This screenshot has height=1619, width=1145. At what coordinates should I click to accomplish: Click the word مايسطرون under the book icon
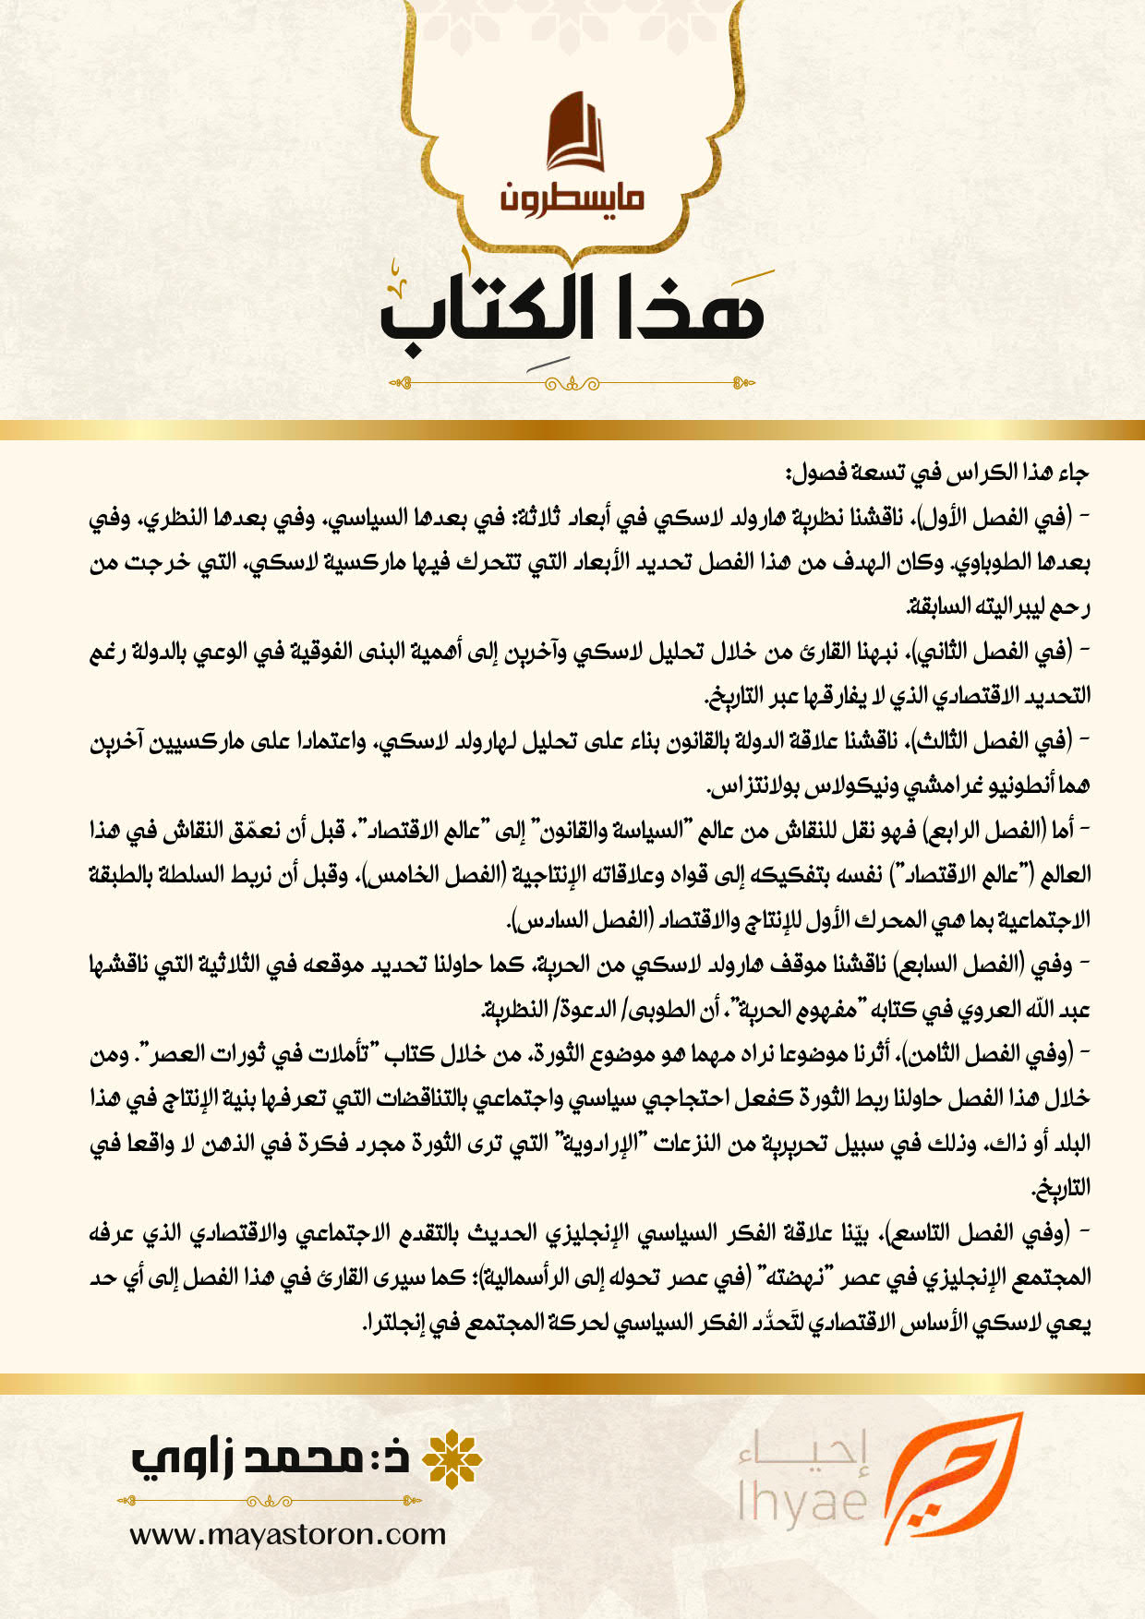tap(572, 196)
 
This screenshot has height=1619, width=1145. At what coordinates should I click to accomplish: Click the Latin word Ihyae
tap(801, 1501)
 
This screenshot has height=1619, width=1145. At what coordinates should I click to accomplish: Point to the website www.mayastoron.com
tap(287, 1536)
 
